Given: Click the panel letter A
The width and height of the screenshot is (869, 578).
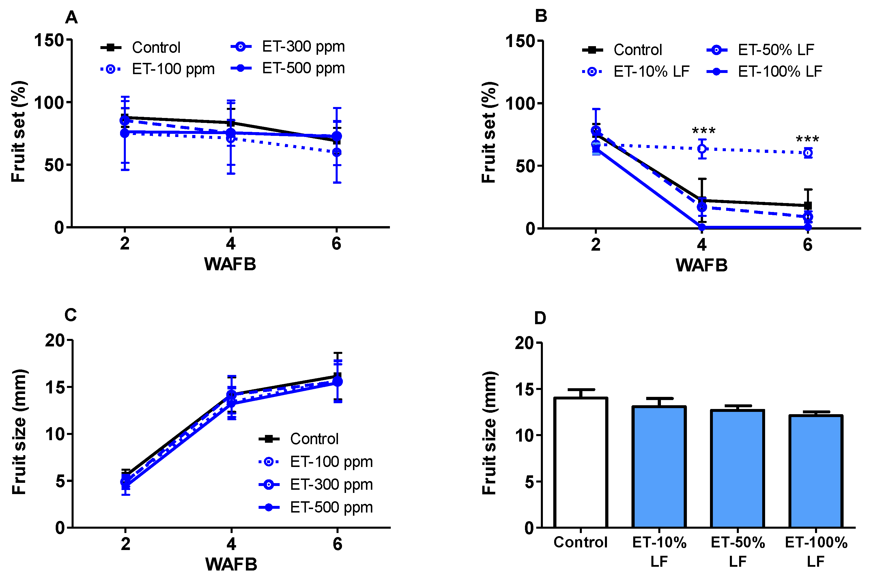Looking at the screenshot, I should click(71, 17).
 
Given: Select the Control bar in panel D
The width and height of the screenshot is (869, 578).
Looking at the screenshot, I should click(581, 463).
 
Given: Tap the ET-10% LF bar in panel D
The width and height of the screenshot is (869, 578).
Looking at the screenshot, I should click(659, 467).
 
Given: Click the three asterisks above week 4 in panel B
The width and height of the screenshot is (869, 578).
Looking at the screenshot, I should click(703, 131).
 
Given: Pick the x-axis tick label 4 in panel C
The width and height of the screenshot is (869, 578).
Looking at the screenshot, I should click(231, 544).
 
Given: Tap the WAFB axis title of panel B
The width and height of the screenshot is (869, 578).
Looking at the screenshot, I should click(701, 265).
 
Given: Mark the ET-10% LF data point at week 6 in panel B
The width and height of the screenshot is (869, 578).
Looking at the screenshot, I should click(808, 153).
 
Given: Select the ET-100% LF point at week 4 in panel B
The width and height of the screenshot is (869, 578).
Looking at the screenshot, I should click(702, 228).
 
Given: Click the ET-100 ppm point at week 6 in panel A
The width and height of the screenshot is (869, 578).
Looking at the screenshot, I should click(337, 152).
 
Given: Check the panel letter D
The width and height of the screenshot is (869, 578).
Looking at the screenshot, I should click(540, 318).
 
